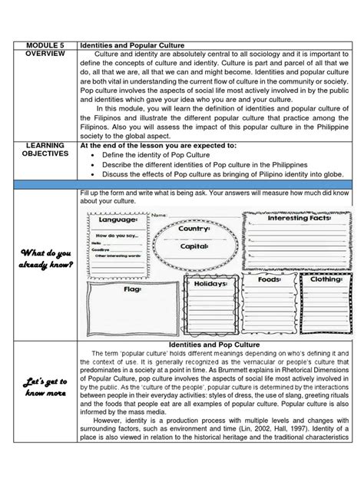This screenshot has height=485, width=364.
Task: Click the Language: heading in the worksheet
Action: click(x=112, y=220)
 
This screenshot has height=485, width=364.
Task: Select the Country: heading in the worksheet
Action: click(x=194, y=229)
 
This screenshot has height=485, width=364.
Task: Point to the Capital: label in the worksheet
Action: click(x=194, y=247)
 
